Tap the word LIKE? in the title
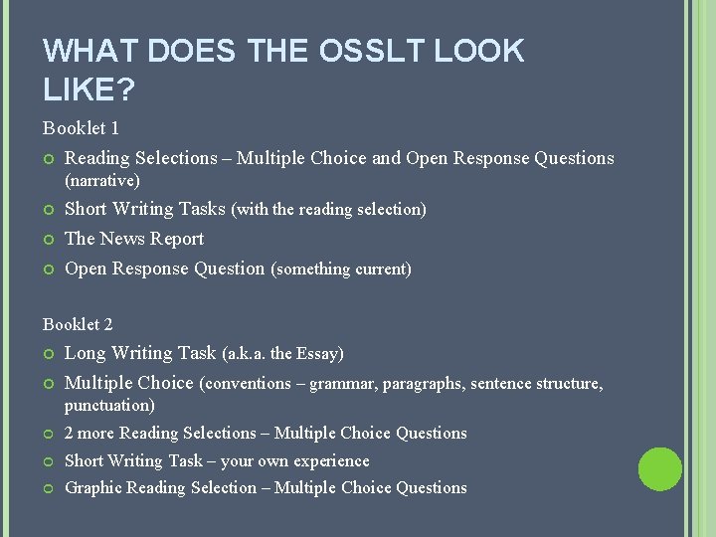tap(89, 89)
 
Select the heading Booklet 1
tap(81, 128)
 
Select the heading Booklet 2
tap(78, 324)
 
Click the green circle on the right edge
tap(660, 469)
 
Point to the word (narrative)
tap(102, 181)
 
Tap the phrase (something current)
tap(341, 268)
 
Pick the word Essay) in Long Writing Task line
tap(320, 353)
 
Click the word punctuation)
tap(109, 406)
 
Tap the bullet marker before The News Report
tap(49, 240)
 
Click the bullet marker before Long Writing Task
tap(49, 354)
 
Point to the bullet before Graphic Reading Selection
tap(49, 488)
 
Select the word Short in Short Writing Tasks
tap(86, 209)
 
